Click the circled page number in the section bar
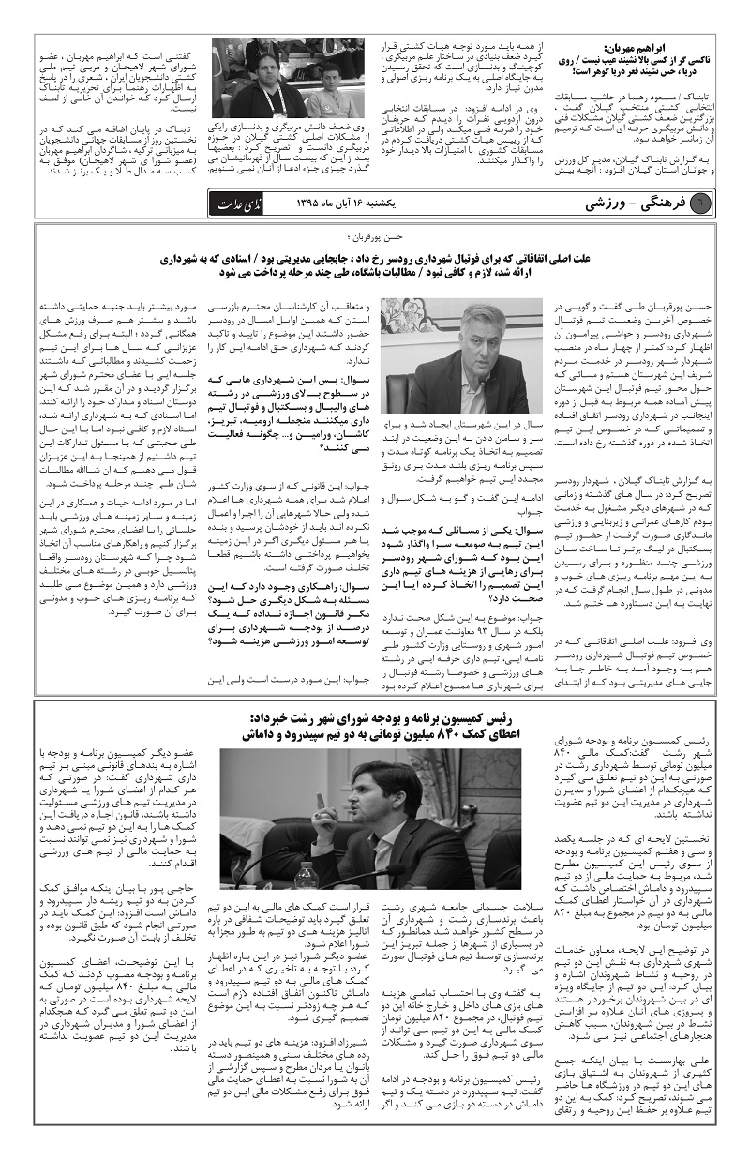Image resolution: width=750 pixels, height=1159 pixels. [705, 203]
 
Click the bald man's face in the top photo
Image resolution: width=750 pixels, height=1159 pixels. [267, 70]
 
